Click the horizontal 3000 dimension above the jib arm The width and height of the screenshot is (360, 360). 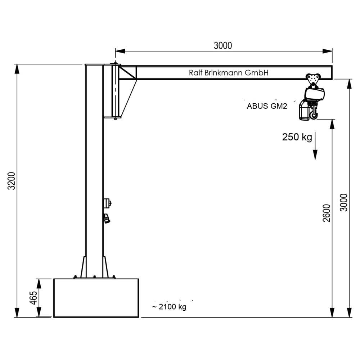(223, 46)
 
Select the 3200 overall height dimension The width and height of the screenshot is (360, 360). (12, 181)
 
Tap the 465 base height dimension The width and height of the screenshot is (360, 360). (33, 298)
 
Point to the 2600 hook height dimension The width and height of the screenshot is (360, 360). (327, 213)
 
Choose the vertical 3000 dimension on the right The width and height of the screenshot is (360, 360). (344, 202)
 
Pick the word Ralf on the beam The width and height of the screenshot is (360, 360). (196, 73)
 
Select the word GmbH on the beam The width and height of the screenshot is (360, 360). (257, 73)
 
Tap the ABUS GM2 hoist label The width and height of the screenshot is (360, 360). (267, 106)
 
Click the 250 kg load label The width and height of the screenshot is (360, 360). (297, 137)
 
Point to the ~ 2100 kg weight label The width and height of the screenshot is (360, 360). (169, 307)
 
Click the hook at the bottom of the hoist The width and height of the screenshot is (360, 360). (314, 116)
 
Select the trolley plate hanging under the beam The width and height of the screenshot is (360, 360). (313, 80)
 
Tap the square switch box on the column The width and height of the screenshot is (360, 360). (107, 203)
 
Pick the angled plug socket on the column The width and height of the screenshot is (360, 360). (107, 218)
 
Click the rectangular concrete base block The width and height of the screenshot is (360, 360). (96, 298)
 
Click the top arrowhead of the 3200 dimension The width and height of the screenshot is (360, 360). (17, 68)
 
